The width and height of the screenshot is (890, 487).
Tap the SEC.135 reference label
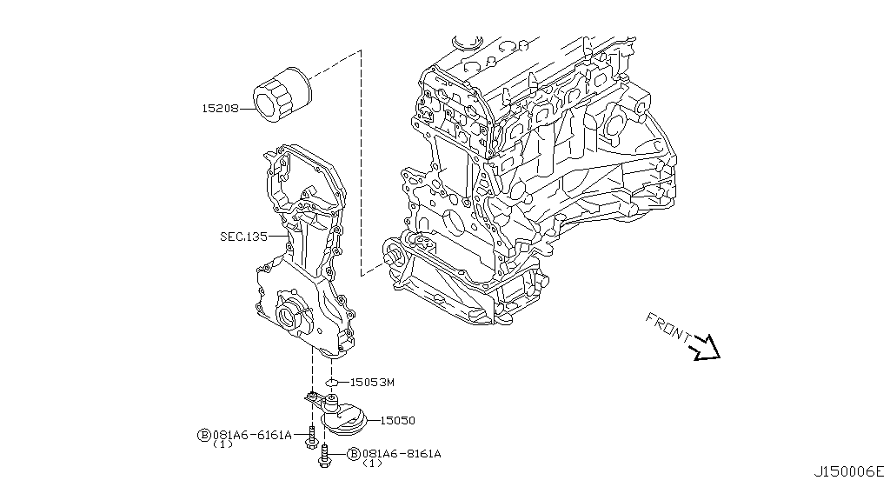(x=244, y=236)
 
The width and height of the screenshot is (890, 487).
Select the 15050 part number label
(x=397, y=420)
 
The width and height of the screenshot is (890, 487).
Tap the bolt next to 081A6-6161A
(x=309, y=437)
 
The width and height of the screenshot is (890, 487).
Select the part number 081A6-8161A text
(x=402, y=454)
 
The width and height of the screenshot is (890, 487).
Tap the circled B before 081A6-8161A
(x=353, y=454)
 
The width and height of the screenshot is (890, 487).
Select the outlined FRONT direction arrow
(x=705, y=348)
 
